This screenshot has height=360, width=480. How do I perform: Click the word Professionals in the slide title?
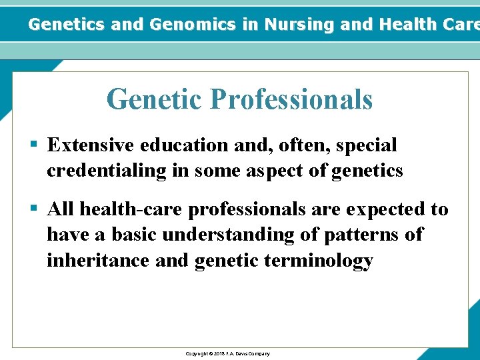coord(291,100)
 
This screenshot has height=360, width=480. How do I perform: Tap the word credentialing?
coord(106,171)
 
